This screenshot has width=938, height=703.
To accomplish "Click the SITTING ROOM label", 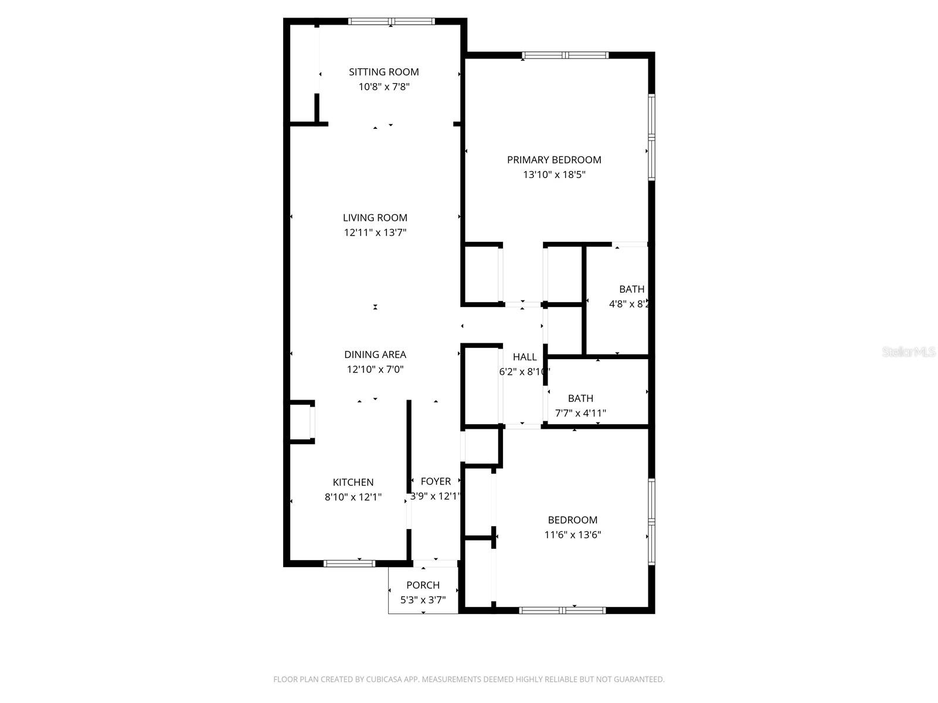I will (x=383, y=72).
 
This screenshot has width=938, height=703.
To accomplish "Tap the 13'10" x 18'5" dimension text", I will (x=554, y=175).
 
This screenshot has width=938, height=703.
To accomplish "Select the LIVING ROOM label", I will (x=375, y=218).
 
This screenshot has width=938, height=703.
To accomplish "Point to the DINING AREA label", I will (x=375, y=354).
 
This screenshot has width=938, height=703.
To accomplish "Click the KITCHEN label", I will (x=353, y=482).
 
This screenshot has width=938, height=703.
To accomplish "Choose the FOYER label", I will (x=436, y=482).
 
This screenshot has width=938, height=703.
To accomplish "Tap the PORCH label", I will (x=423, y=585).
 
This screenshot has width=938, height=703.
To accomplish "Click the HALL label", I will (x=525, y=357).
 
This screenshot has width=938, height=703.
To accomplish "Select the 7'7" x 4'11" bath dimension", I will (x=580, y=413).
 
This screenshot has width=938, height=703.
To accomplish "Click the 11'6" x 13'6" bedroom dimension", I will (x=573, y=535).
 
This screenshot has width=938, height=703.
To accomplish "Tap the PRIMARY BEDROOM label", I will (x=554, y=160).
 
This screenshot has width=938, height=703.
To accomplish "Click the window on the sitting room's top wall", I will (x=391, y=22).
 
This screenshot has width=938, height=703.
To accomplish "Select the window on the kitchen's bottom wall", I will (x=349, y=564).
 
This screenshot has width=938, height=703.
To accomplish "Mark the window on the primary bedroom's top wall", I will (x=565, y=56).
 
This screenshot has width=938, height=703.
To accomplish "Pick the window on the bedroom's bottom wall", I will (x=562, y=610).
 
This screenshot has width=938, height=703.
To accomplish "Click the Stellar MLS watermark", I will (x=909, y=352).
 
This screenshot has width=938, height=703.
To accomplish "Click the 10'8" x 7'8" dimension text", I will (x=383, y=87).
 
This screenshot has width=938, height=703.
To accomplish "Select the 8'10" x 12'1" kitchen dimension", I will (x=353, y=497).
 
